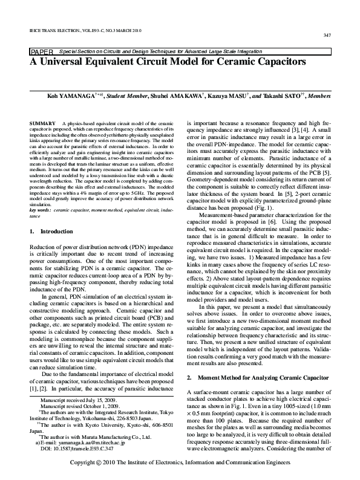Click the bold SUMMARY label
tap(41, 123)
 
